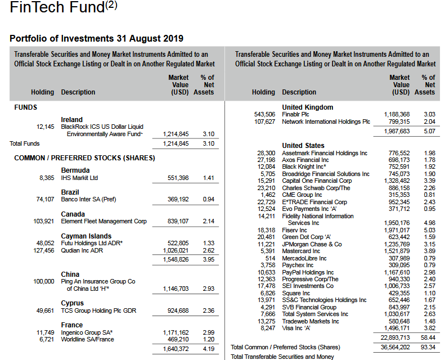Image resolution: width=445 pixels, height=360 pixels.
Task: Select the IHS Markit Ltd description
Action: [79, 178]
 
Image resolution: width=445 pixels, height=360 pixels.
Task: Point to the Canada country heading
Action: [73, 214]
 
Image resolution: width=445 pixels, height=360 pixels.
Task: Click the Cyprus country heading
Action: [73, 303]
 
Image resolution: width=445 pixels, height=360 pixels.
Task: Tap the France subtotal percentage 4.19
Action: [208, 349]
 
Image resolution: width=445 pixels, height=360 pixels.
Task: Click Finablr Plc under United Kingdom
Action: [296, 114]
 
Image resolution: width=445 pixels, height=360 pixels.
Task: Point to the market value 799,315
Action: [398, 121]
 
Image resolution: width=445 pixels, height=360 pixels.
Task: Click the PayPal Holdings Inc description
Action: [308, 272]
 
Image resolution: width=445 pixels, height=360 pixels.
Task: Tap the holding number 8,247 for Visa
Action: [267, 328]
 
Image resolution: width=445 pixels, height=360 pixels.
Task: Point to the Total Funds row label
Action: [25, 143]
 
